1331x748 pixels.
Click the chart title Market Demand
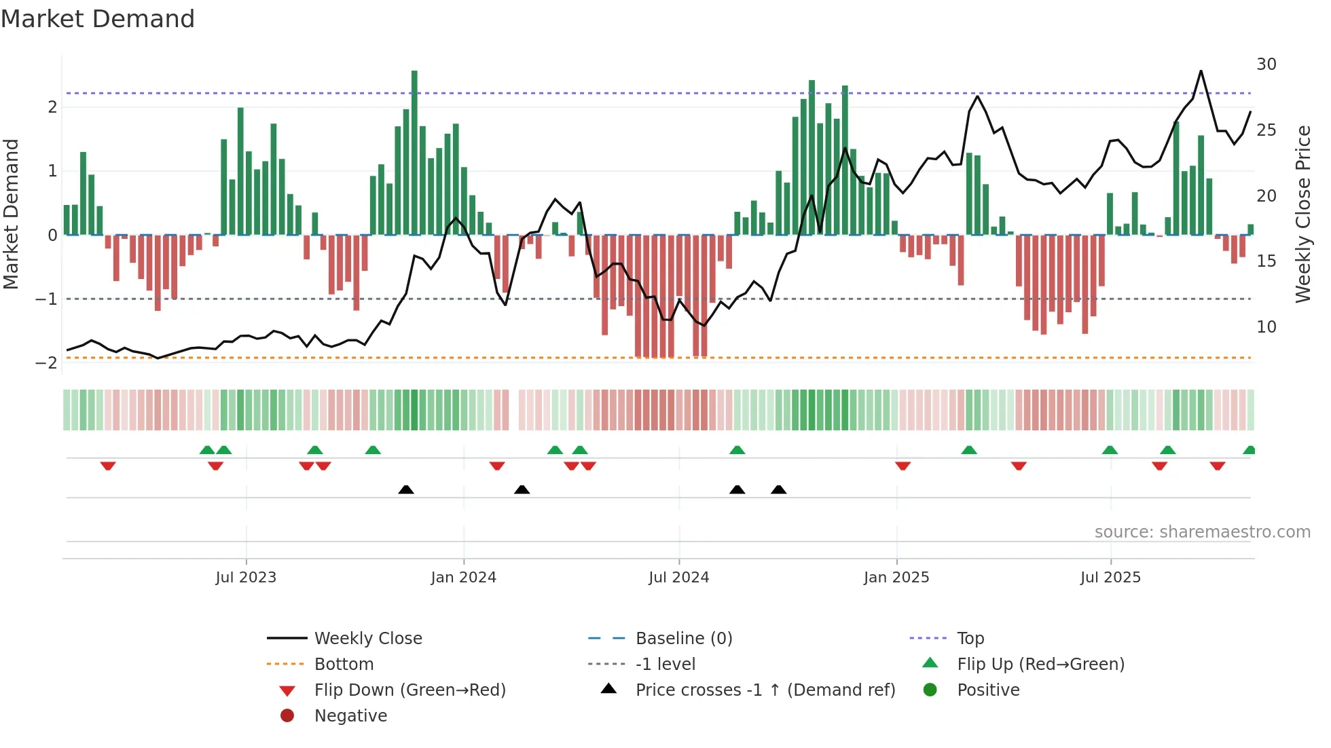click(x=98, y=19)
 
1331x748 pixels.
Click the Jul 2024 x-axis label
click(x=678, y=578)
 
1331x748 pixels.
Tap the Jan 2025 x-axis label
click(x=896, y=578)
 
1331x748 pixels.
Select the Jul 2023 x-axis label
click(x=246, y=578)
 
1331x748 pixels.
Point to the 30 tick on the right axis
click(x=1266, y=64)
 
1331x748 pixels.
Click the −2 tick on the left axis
click(x=46, y=362)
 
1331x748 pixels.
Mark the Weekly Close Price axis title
click(x=1302, y=214)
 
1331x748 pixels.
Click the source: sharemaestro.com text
click(x=1202, y=531)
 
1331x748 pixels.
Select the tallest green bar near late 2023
click(x=414, y=153)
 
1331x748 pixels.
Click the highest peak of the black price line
click(x=1201, y=71)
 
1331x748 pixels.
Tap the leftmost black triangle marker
click(x=406, y=489)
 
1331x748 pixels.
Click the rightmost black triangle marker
click(x=778, y=489)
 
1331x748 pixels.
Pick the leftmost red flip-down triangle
click(x=108, y=466)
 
